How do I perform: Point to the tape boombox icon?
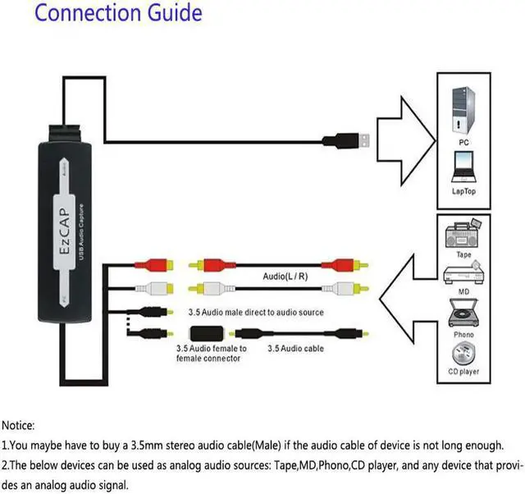point(463,233)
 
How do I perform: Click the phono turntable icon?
point(463,313)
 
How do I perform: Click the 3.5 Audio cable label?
point(295,349)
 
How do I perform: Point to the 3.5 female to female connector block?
point(210,333)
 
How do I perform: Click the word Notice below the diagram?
point(18,426)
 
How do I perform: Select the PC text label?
point(463,142)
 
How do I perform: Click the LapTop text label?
point(463,192)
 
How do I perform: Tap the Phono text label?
point(463,335)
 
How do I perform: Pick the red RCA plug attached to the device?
point(158,265)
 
